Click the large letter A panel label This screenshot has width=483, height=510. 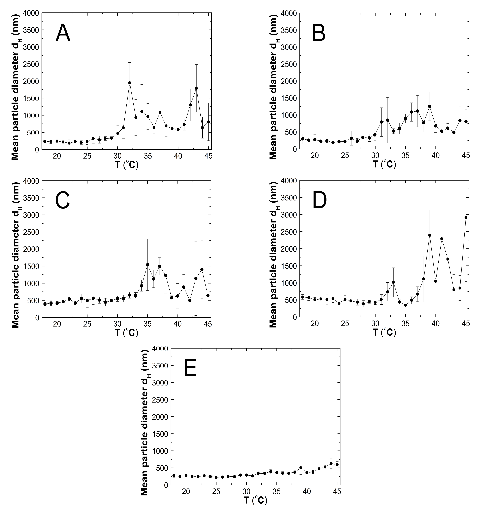63,33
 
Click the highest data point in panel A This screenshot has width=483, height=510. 130,83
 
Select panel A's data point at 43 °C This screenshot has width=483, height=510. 196,88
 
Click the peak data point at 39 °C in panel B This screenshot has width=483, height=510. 429,106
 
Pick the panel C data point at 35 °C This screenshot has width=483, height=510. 147,265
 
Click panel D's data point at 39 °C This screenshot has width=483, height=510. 429,235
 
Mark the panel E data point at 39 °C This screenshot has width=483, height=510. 301,468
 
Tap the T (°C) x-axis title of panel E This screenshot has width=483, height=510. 255,500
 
